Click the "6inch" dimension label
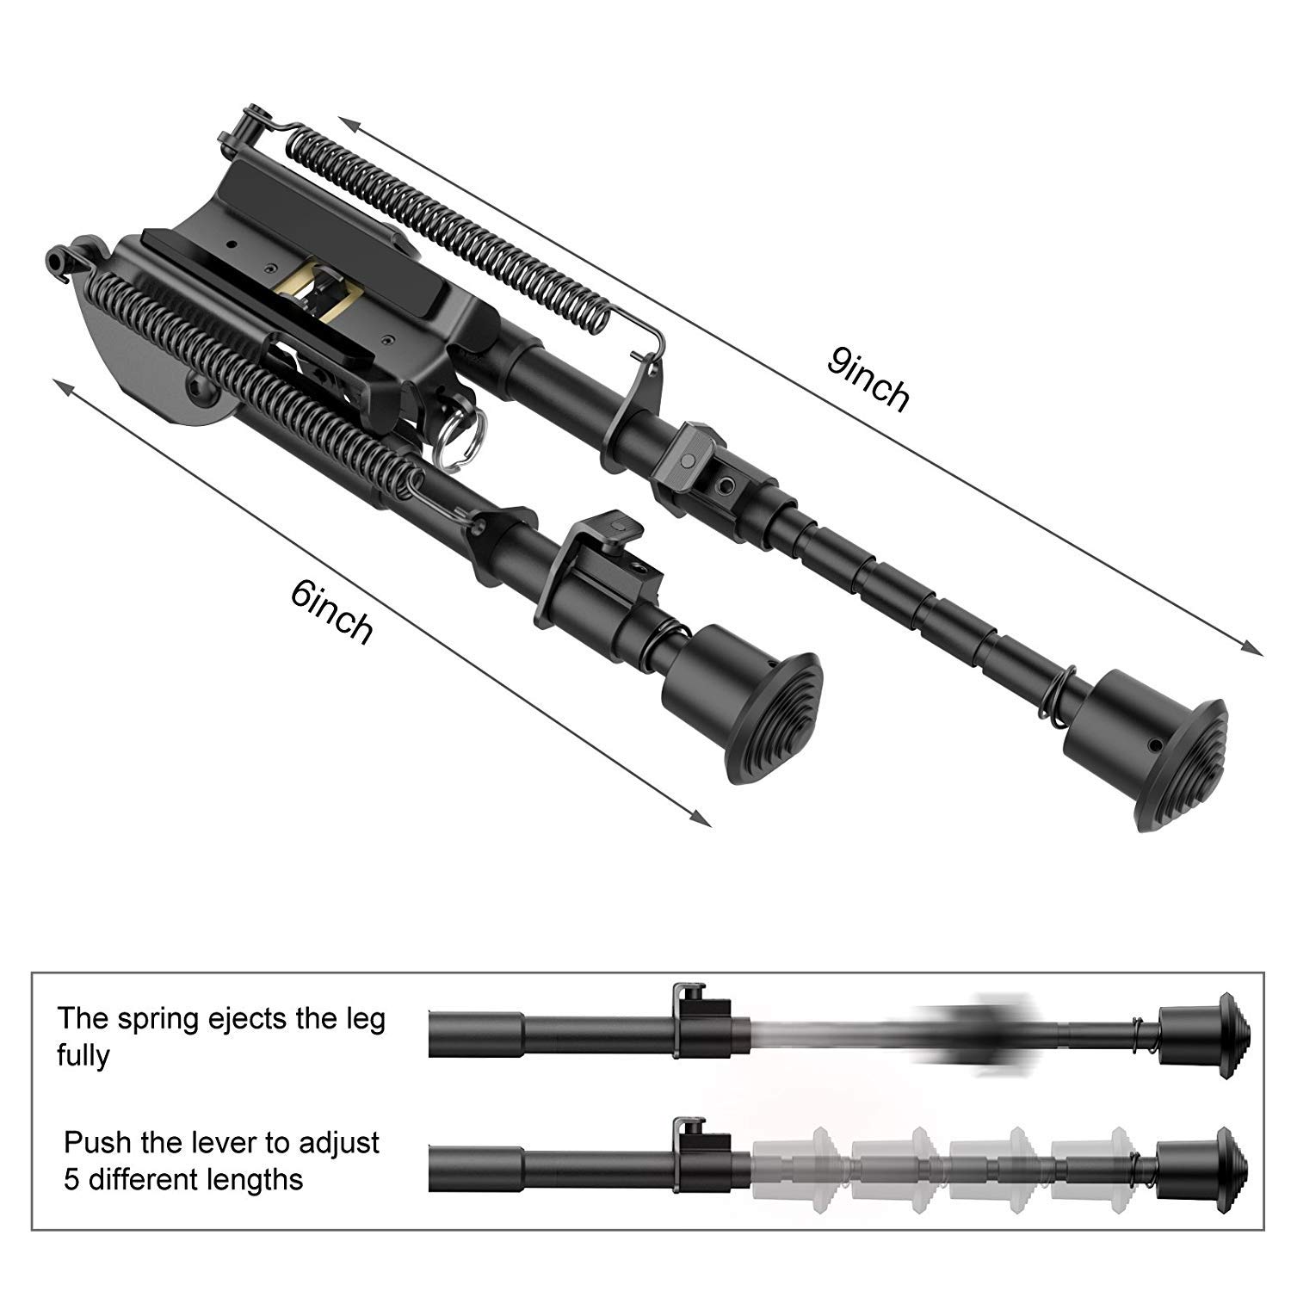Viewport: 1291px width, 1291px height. click(x=332, y=611)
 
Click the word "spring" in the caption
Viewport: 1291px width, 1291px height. click(x=164, y=1021)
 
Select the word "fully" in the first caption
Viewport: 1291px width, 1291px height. click(x=83, y=1056)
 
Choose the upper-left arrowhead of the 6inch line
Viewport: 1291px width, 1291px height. click(x=63, y=386)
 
